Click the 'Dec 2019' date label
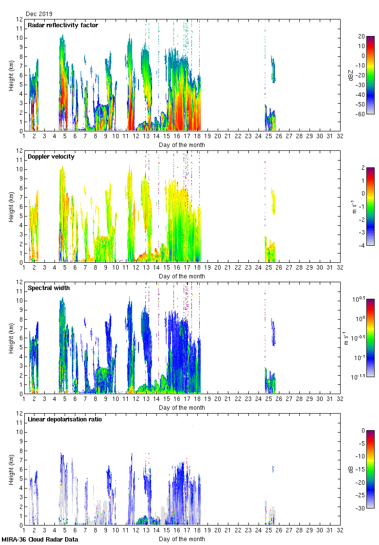(39, 14)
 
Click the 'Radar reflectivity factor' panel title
(63, 25)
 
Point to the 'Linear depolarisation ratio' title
(65, 419)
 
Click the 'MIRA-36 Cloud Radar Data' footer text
(40, 539)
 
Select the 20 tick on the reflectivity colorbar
(362, 36)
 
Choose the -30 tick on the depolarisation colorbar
(362, 508)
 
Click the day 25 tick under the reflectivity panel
(268, 137)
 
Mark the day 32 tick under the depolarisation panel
(340, 531)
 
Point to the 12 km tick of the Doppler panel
(20, 151)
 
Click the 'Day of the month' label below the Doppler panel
(182, 276)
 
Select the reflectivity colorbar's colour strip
(370, 74)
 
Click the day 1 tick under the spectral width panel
(24, 400)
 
